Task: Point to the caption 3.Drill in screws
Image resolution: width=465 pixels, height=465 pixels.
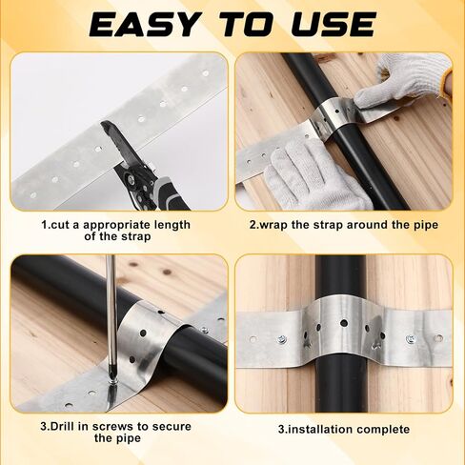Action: tap(116, 431)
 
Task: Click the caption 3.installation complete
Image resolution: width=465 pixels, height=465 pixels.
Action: tap(343, 430)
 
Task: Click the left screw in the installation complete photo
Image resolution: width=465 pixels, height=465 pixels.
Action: tap(282, 338)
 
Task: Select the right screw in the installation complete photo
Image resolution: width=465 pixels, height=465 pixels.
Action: tap(410, 338)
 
